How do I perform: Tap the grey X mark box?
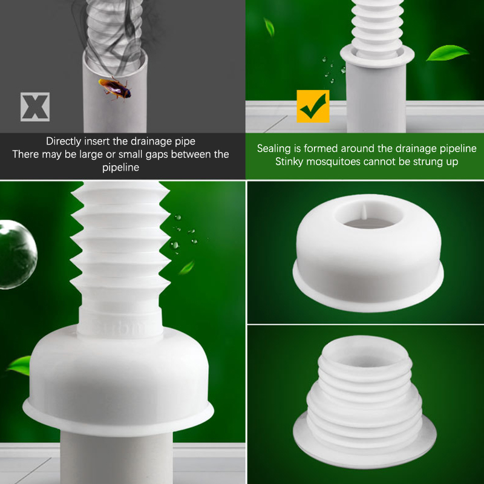click(x=35, y=107)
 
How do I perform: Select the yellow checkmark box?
click(x=313, y=106)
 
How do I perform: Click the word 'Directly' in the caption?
click(x=64, y=142)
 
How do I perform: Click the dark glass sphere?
click(x=18, y=254)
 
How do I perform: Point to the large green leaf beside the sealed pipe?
click(x=447, y=53)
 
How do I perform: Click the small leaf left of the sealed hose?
click(x=269, y=27)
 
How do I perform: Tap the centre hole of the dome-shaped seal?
click(x=368, y=214)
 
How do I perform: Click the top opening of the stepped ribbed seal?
click(x=366, y=352)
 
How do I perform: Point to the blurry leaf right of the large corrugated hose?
click(x=186, y=267)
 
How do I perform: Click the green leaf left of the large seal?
click(x=19, y=365)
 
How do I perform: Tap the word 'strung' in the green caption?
click(x=428, y=162)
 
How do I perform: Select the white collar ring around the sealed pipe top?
click(x=377, y=55)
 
